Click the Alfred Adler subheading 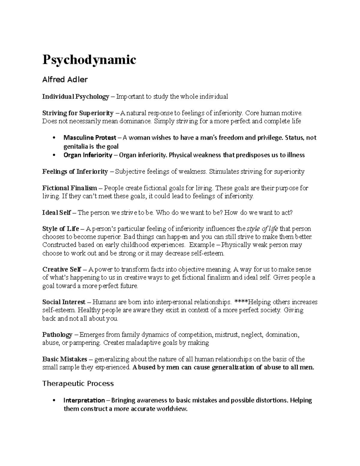coord(65,80)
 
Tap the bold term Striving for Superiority coord(78,113)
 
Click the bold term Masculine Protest coord(90,138)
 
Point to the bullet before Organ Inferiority coord(53,155)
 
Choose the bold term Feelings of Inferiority coord(75,172)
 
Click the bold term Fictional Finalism coord(70,188)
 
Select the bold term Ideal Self coord(57,213)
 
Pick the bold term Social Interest coord(64,302)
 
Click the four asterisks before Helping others coord(240,302)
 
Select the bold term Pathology coord(57,335)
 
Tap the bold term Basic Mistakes coord(65,359)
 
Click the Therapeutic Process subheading coord(78,383)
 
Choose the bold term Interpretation coord(84,400)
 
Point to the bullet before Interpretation coord(53,400)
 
